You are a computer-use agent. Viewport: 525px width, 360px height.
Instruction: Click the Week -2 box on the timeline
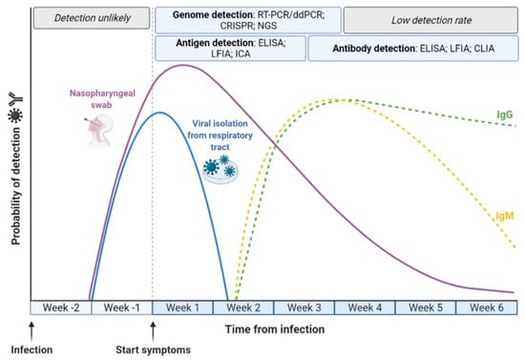coord(61,307)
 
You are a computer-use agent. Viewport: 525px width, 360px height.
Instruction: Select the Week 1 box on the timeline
coord(182,307)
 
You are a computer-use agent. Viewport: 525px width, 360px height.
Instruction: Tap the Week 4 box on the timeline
coord(365,307)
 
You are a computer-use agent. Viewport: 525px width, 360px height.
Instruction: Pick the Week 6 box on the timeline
coord(487,307)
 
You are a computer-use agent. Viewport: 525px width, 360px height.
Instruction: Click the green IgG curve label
coord(505,115)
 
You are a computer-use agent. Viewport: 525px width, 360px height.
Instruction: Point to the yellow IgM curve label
coord(505,216)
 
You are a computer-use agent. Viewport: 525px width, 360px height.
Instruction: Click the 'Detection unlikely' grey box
coord(92,18)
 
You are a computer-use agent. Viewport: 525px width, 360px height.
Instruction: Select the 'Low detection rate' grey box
coord(430,20)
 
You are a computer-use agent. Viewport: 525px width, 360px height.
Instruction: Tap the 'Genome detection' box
coord(248,20)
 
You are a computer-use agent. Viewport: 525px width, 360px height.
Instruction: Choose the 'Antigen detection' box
coord(230,49)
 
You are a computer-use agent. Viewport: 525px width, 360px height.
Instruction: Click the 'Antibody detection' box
coord(413,49)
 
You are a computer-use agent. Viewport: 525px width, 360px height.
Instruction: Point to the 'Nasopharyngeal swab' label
coord(102,98)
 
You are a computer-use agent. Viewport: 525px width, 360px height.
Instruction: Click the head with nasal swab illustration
coord(98,130)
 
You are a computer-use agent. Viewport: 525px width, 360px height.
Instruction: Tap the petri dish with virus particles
coord(220,169)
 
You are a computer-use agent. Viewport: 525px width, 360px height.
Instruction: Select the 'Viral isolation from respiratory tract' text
coord(220,136)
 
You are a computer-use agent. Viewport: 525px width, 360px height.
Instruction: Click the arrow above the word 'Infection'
coord(31,332)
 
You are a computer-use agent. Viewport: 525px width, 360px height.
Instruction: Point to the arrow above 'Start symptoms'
coord(153,332)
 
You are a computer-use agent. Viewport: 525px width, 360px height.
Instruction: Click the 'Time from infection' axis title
coord(275,329)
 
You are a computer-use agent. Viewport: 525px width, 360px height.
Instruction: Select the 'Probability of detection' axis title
coord(15,186)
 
